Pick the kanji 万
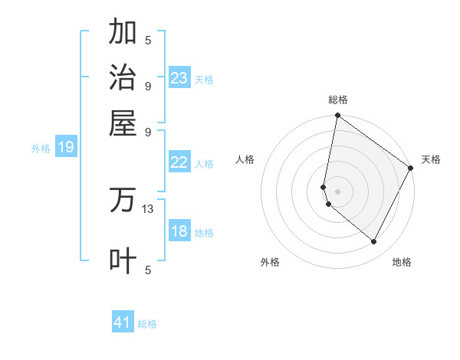pos(123,200)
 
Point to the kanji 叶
pos(123,260)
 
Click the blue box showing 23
pos(179,78)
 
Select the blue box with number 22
pos(179,162)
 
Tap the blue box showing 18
pos(179,232)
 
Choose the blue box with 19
pos(66,148)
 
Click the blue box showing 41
pos(123,322)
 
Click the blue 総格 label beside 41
pos(147,324)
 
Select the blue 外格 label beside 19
pos(41,149)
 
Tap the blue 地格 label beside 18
pos(204,233)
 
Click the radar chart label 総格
pos(337,100)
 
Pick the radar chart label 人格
pos(245,159)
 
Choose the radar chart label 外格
pos(270,262)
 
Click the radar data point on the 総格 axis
pos(337,116)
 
